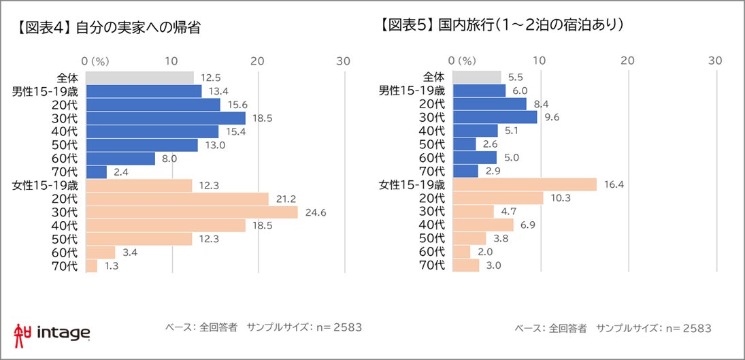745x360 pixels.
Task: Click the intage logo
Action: point(52,333)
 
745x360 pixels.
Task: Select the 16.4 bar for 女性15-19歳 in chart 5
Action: point(524,185)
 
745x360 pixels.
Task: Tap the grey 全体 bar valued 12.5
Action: point(140,78)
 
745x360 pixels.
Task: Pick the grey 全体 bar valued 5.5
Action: point(477,78)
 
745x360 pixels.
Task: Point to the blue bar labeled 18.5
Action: point(166,118)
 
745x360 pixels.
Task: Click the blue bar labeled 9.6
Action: point(495,118)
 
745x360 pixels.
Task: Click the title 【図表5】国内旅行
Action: point(503,26)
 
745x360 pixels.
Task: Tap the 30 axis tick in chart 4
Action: point(344,61)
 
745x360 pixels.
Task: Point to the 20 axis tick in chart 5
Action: point(627,61)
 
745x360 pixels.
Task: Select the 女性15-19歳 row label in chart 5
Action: point(412,185)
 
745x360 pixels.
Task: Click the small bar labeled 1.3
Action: point(93,266)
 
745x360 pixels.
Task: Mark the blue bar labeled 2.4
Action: point(97,171)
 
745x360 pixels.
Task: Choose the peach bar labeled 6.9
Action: point(483,225)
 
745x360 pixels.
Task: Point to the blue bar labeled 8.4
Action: point(489,104)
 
